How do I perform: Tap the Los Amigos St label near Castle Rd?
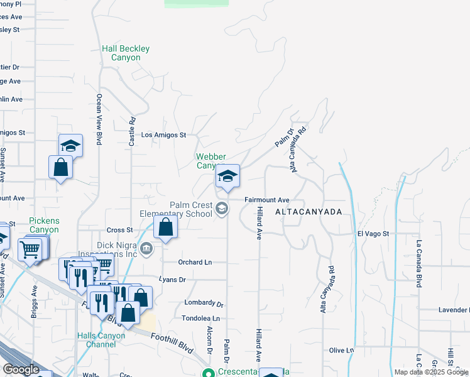tap(164, 135)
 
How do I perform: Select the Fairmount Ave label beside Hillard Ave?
tap(266, 200)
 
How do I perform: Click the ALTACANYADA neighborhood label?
tap(309, 212)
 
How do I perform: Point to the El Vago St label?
tap(373, 234)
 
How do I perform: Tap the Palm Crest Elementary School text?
tap(191, 210)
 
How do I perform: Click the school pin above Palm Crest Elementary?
tap(227, 176)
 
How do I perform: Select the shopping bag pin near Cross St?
tap(165, 227)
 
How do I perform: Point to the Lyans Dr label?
tap(173, 280)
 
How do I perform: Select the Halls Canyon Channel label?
tap(101, 340)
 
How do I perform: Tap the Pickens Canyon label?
tap(44, 225)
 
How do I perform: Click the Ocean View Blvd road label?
tap(99, 119)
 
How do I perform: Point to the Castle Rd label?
tap(132, 133)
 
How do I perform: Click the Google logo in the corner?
tap(21, 369)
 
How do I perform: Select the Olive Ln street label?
tap(341, 350)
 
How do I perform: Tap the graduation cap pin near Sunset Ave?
tap(71, 145)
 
